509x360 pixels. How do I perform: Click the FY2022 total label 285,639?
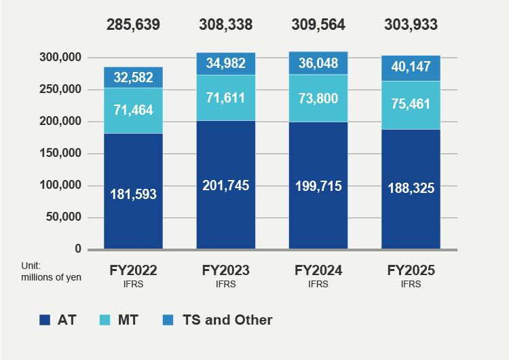tap(133, 25)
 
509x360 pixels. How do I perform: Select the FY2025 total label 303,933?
tap(411, 25)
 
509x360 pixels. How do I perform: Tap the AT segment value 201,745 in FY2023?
tap(226, 185)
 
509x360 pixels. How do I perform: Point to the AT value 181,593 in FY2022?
tap(133, 194)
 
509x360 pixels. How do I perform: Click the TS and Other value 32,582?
tap(133, 77)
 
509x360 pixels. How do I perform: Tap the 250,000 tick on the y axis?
tap(62, 90)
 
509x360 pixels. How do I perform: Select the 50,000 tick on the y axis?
tap(64, 217)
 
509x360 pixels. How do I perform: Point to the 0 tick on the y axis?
tap(78, 249)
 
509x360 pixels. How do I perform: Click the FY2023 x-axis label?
tap(226, 270)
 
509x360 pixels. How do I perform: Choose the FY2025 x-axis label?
tap(411, 270)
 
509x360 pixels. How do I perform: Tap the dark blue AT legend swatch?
tap(45, 320)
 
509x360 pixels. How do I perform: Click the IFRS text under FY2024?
tap(318, 285)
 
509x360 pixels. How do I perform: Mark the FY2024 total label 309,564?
tap(318, 25)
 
